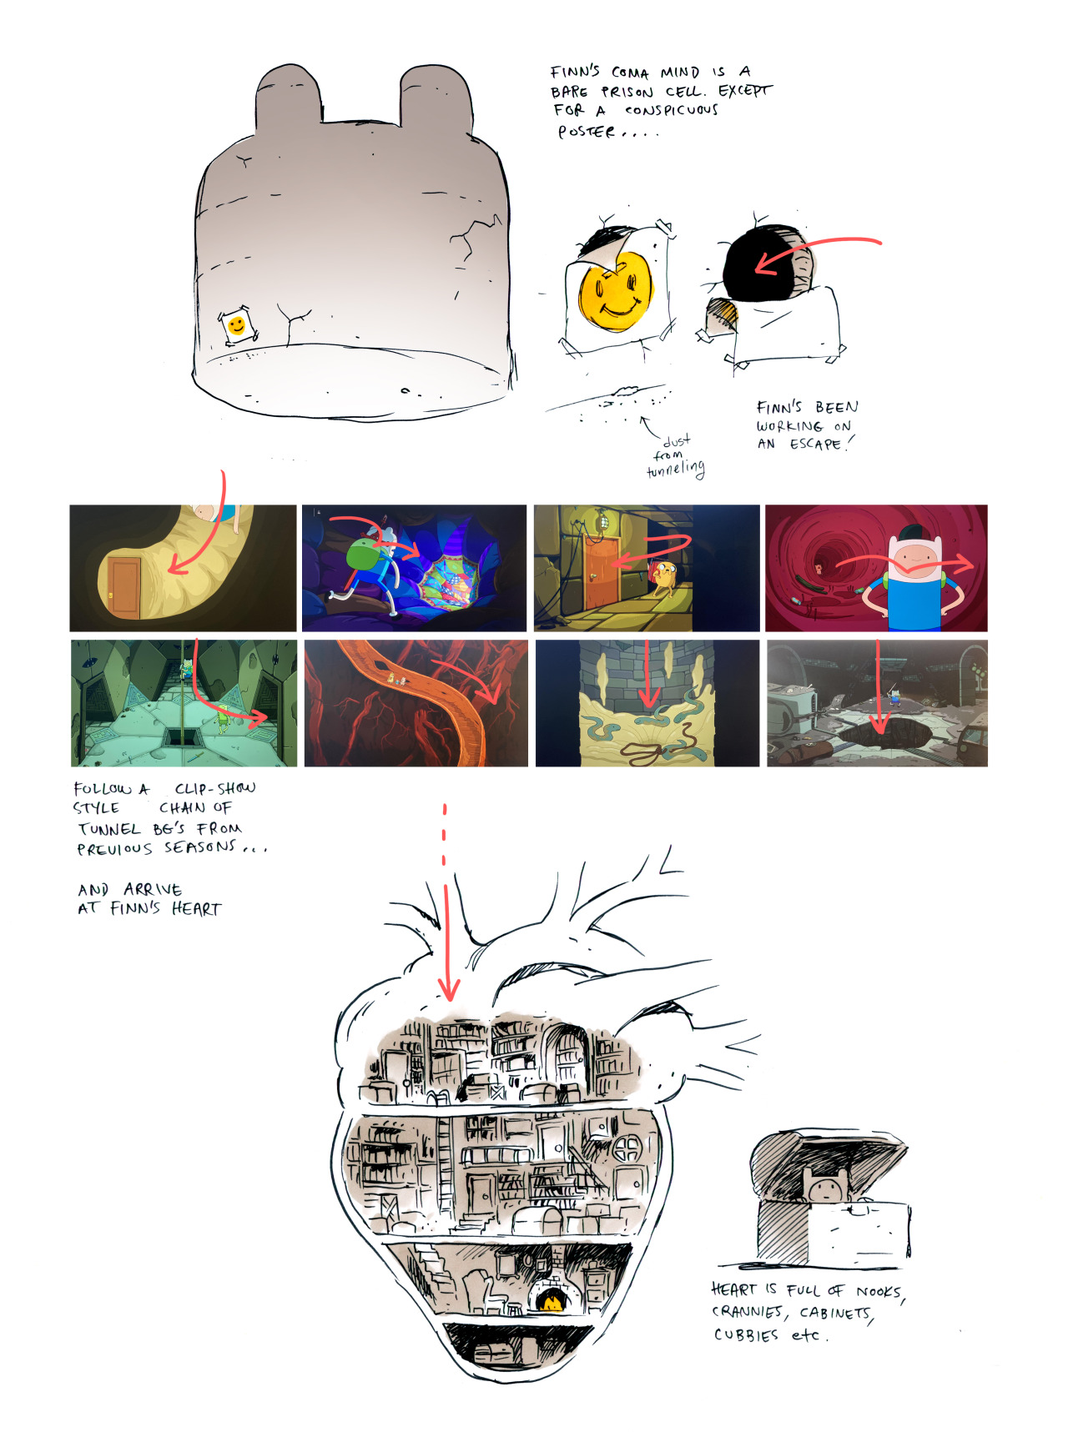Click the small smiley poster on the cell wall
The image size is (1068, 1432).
[x=237, y=325]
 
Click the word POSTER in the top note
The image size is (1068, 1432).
[x=587, y=132]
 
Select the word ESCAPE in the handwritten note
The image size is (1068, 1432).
[x=815, y=444]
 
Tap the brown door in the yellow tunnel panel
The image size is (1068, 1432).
[x=124, y=588]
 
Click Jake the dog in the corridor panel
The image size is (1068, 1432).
[x=663, y=577]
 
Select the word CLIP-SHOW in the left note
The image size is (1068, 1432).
[x=215, y=788]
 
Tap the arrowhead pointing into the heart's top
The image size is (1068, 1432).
[x=449, y=990]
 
